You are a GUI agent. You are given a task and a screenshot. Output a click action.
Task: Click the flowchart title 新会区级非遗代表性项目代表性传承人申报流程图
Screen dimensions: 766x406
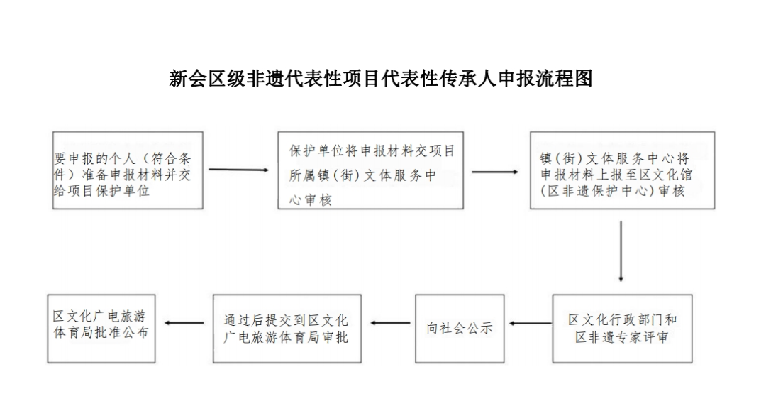pyautogui.click(x=381, y=78)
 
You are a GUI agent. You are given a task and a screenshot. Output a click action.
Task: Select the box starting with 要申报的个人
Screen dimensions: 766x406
pyautogui.click(x=128, y=170)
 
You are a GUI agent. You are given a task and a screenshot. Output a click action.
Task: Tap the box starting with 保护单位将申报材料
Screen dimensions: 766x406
pyautogui.click(x=371, y=170)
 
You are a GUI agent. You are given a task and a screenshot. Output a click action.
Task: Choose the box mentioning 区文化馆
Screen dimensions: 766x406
pyautogui.click(x=623, y=170)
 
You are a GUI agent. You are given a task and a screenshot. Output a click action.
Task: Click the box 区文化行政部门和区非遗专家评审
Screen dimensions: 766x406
pyautogui.click(x=623, y=329)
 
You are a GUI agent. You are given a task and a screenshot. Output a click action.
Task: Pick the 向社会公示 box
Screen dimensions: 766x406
pyautogui.click(x=460, y=329)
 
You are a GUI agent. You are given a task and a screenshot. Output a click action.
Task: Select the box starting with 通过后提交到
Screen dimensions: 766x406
pyautogui.click(x=287, y=329)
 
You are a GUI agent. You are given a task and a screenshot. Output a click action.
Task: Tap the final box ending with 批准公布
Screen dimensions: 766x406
pyautogui.click(x=101, y=329)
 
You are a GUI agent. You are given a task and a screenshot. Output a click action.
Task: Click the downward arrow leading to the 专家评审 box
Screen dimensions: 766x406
pyautogui.click(x=621, y=251)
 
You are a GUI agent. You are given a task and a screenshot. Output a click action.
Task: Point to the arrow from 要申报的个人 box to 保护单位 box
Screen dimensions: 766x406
pyautogui.click(x=238, y=170)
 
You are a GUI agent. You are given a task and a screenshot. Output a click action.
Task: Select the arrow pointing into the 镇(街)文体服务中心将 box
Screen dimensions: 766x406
pyautogui.click(x=495, y=172)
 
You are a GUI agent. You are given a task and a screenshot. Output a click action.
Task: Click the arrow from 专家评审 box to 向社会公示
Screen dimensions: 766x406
pyautogui.click(x=531, y=324)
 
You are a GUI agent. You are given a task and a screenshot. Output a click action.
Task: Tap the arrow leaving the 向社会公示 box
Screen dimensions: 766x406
pyautogui.click(x=390, y=323)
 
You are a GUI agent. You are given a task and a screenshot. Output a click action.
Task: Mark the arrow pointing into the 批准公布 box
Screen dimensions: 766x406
pyautogui.click(x=184, y=323)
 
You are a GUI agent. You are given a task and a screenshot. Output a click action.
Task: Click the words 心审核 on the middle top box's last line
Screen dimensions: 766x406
pyautogui.click(x=310, y=199)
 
